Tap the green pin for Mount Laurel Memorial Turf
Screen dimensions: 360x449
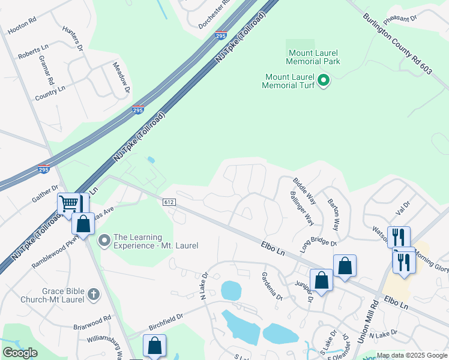coord(324,80)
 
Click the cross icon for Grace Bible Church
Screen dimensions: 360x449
coord(92,294)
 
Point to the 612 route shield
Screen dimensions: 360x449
coord(169,203)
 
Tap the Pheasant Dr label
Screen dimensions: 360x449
coord(408,19)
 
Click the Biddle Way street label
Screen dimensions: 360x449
coord(304,189)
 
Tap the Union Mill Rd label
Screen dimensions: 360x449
coord(368,322)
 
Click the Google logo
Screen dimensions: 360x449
coord(20,353)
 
